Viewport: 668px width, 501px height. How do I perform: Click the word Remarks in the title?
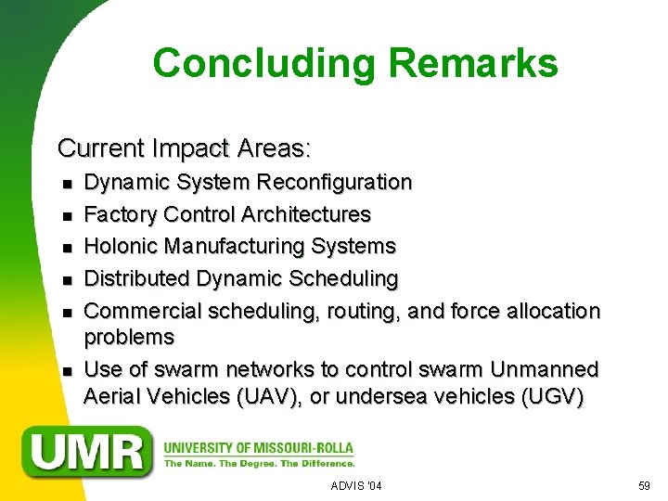point(474,63)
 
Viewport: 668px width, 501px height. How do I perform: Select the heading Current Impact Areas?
point(185,148)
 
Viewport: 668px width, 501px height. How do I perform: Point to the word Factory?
point(121,214)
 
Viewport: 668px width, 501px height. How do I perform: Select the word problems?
point(129,336)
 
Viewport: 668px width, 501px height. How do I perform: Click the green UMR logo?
point(90,451)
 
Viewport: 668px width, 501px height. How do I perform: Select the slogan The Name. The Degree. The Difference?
point(259,463)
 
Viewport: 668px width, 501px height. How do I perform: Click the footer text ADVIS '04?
point(356,486)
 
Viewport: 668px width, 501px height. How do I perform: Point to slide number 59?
point(644,486)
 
